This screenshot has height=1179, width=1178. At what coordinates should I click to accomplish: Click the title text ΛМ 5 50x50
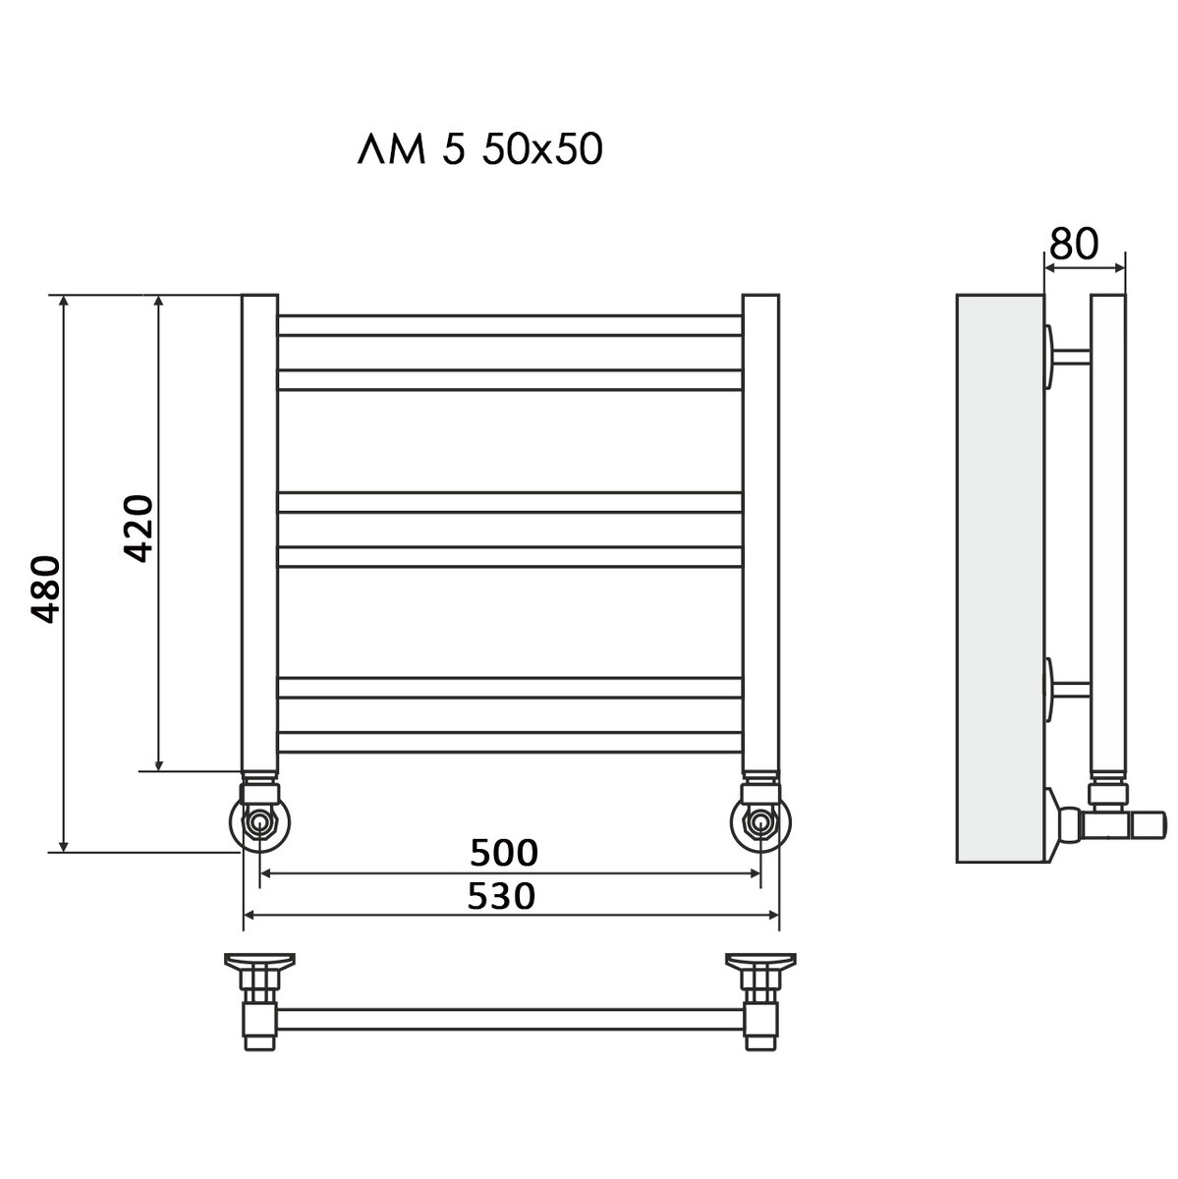click(480, 149)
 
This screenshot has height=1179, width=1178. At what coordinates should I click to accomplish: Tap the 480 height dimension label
click(46, 589)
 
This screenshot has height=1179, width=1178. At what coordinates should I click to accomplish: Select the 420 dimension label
click(139, 528)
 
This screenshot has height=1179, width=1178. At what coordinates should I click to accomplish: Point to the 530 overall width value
click(501, 897)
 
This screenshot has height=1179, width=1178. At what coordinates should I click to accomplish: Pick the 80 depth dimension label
click(1075, 244)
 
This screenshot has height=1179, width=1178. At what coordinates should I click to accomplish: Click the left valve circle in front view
click(260, 823)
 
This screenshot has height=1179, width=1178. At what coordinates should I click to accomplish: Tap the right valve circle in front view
click(760, 823)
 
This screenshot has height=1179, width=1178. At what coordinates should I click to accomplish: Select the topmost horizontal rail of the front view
click(510, 325)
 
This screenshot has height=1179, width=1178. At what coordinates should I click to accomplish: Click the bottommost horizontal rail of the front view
click(510, 742)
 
